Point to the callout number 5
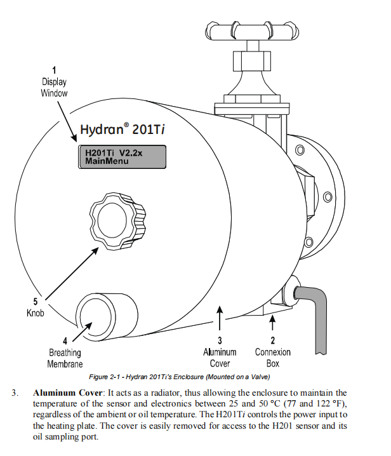(36, 302)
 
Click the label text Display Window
(54, 88)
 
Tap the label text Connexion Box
(273, 358)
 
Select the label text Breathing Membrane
(65, 358)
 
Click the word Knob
(36, 313)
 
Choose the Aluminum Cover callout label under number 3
(220, 358)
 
